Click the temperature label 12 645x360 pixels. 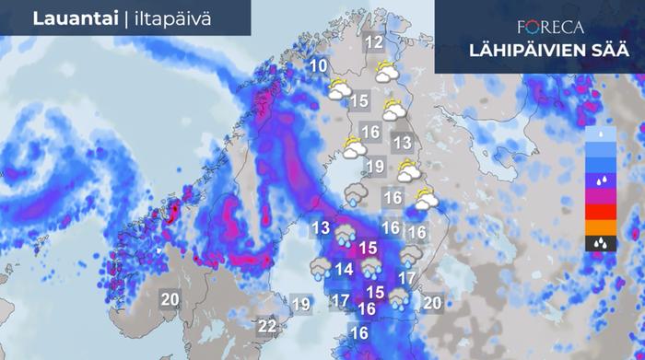point(373,42)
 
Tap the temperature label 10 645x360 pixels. point(319,65)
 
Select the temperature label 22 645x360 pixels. point(267,326)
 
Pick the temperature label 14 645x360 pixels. point(345,269)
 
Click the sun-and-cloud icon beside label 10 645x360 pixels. point(339,89)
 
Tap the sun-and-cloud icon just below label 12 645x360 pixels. point(387,69)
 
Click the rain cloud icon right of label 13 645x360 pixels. point(346,234)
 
